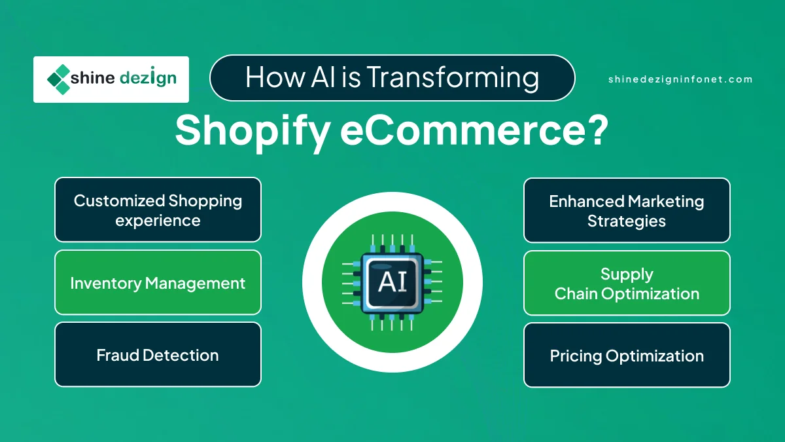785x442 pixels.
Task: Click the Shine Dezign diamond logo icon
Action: coord(58,79)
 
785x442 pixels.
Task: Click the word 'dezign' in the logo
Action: coord(148,78)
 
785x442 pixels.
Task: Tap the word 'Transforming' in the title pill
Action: coord(453,77)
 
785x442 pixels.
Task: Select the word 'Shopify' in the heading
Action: coord(253,131)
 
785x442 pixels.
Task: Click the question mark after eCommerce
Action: coord(597,129)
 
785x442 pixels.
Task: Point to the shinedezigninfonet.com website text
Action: coord(680,79)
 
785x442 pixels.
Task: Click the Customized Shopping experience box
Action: coord(158,210)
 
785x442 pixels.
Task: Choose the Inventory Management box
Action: coord(158,282)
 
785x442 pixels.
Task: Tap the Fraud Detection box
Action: coord(158,355)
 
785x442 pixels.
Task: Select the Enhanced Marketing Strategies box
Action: coord(627,210)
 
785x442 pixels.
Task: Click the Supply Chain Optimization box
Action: coord(627,283)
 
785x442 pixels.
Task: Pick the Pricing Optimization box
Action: coord(627,356)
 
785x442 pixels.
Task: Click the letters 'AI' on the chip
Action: coord(392,282)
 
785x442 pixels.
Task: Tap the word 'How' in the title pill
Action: coord(275,77)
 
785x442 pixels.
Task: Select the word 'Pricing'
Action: coord(576,356)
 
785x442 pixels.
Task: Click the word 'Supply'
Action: coord(627,274)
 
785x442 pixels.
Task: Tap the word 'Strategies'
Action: coord(627,222)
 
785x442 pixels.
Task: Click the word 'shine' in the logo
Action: coord(92,77)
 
